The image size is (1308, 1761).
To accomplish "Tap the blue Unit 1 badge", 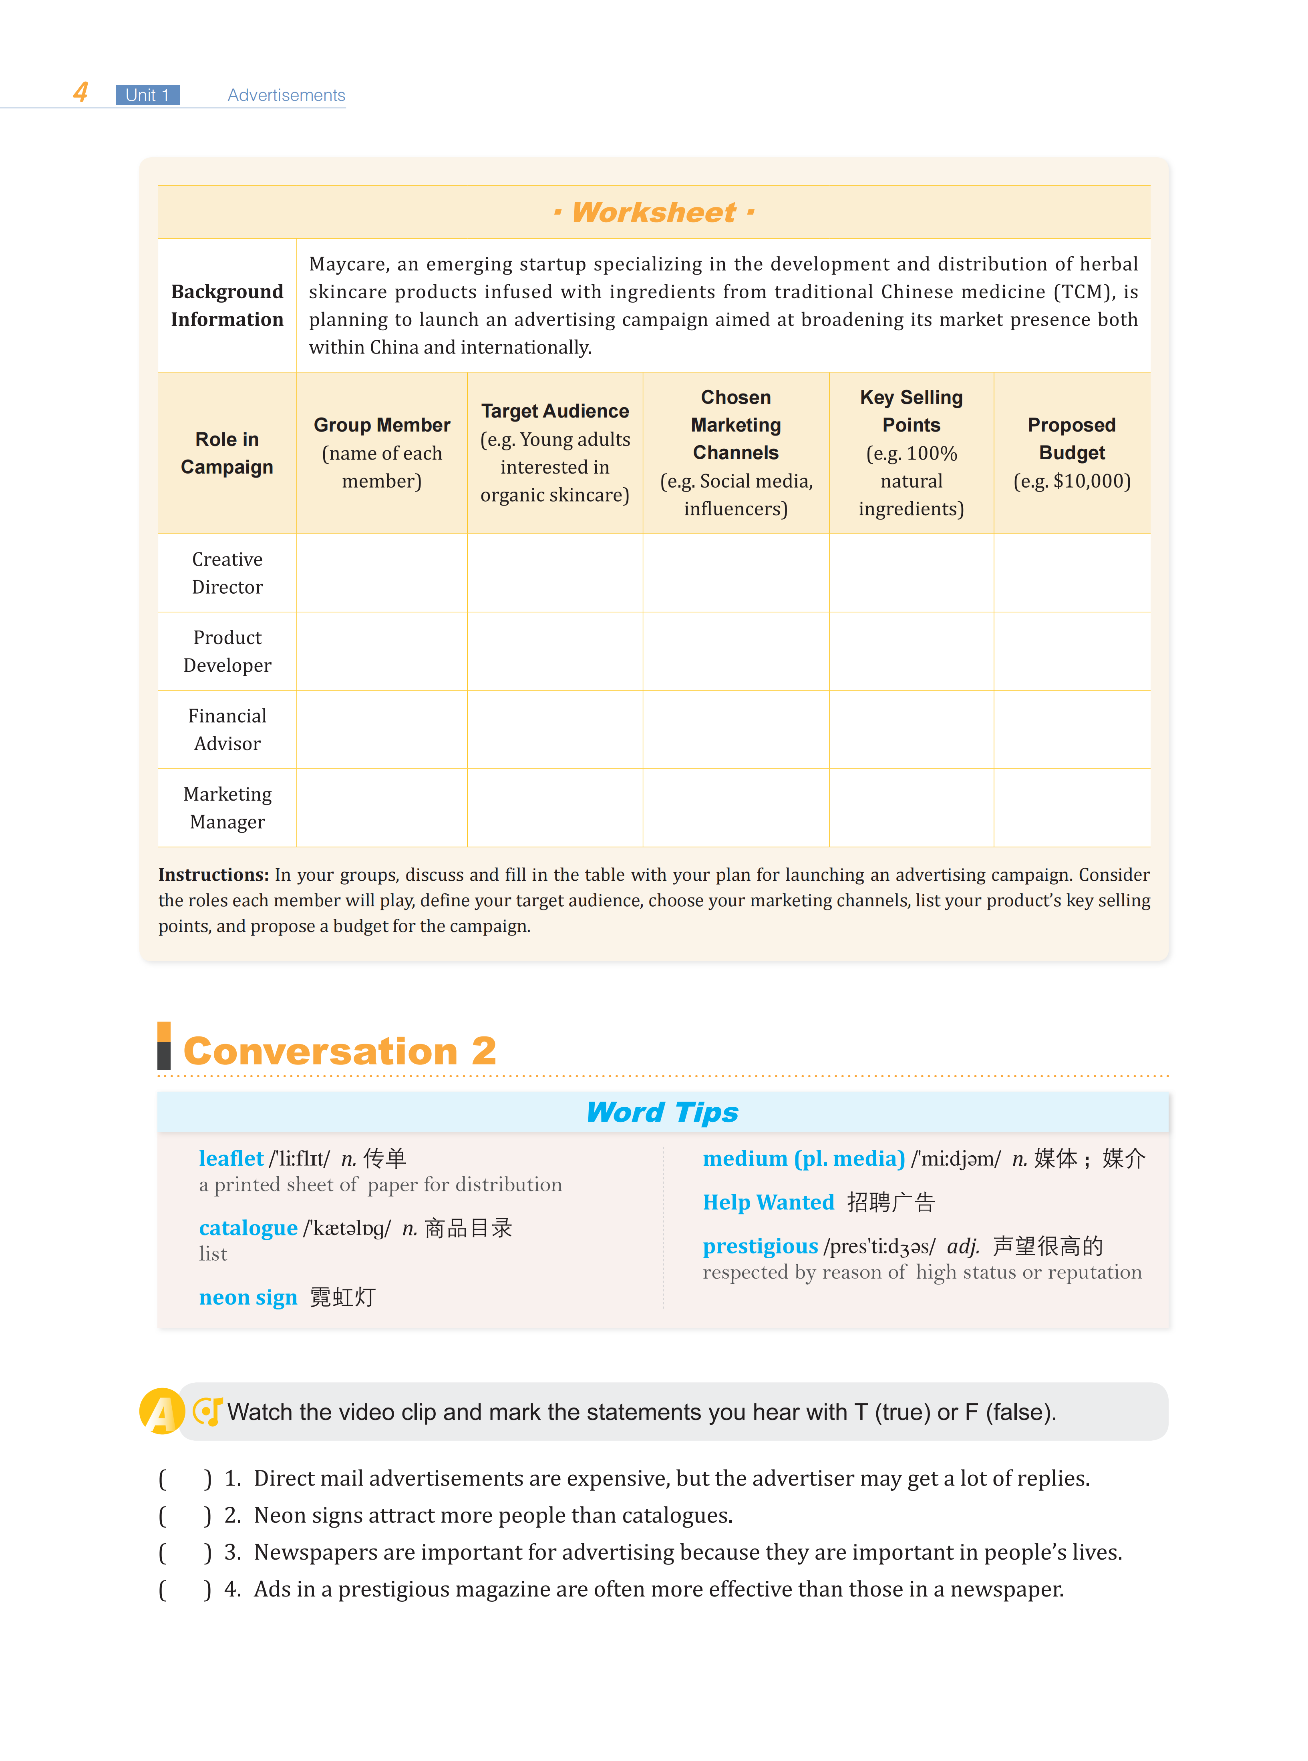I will (x=147, y=95).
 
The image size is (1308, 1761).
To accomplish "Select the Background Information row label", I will (x=227, y=305).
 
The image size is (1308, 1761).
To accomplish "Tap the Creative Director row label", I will (x=227, y=573).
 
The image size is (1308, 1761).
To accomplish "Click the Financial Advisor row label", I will (x=227, y=730).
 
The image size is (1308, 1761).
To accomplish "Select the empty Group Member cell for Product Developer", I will (x=382, y=651).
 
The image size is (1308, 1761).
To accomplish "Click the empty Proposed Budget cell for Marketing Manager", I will (x=1071, y=808).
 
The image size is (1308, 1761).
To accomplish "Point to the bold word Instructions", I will (x=213, y=875).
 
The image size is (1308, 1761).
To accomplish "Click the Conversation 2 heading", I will (x=340, y=1051).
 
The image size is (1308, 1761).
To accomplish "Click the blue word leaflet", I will (x=230, y=1159).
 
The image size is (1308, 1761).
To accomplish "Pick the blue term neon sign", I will (x=248, y=1297).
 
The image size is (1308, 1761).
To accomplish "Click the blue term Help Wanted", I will (x=768, y=1202).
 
